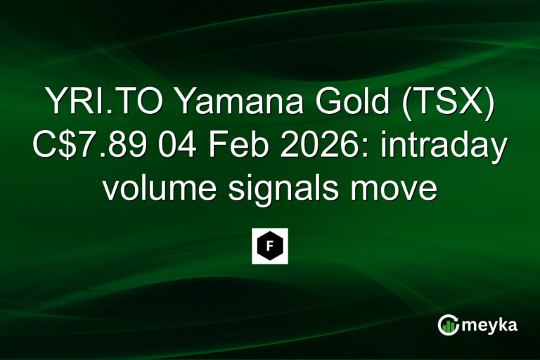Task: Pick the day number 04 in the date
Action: click(x=181, y=148)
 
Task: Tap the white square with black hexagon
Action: click(x=270, y=246)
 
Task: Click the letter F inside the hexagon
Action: click(x=270, y=246)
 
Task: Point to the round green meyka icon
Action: click(x=449, y=324)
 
